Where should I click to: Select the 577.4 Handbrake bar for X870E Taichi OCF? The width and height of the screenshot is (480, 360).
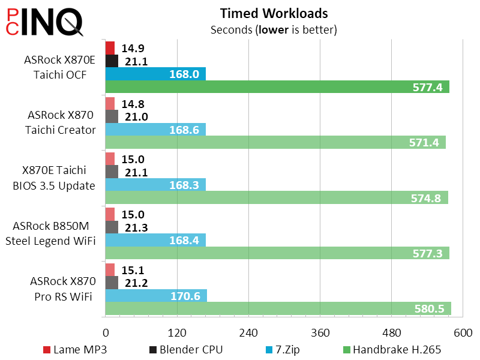click(277, 87)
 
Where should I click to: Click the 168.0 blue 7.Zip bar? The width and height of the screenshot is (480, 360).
click(155, 74)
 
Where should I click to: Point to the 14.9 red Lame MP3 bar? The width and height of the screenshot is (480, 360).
click(110, 48)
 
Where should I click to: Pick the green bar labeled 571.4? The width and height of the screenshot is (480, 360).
click(275, 142)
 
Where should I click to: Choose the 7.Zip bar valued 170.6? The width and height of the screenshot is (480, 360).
click(156, 295)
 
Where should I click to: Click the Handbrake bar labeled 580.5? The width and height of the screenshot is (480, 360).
click(278, 308)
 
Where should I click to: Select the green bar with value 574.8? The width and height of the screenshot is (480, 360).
click(277, 198)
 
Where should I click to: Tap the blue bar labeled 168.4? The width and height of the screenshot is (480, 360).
click(155, 240)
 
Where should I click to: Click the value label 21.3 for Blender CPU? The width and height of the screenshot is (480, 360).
click(137, 227)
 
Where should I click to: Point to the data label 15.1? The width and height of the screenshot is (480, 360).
click(132, 270)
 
